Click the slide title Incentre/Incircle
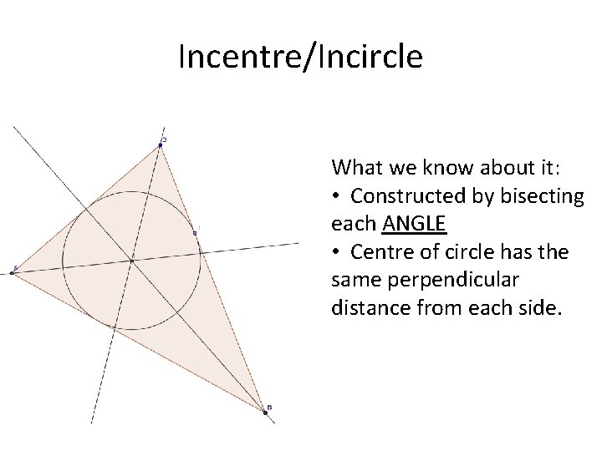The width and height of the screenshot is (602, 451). tap(300, 58)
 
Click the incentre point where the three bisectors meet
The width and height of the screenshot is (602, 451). tap(131, 261)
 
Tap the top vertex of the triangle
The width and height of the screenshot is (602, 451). tap(161, 144)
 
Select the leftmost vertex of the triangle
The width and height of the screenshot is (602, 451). tap(14, 270)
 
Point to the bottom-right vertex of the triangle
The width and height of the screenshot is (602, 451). tap(265, 412)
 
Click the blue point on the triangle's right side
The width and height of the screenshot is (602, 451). tap(195, 232)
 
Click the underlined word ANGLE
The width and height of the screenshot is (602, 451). tap(415, 224)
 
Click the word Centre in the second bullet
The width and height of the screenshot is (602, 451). tap(380, 252)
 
